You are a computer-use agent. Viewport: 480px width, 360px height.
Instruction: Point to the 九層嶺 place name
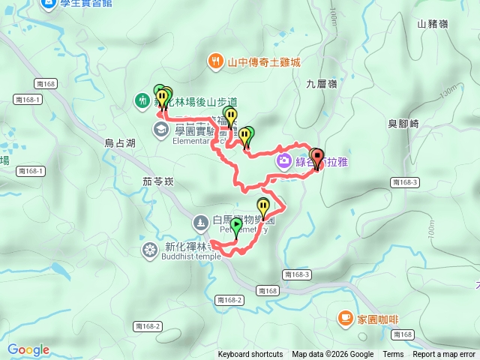coord(322,85)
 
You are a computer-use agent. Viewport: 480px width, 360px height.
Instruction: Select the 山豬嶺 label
coord(433,24)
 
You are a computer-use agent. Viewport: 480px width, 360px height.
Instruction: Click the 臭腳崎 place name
coord(403,124)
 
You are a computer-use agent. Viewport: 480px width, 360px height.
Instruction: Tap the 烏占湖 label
coord(120,142)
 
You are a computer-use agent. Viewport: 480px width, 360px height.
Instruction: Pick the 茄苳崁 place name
coord(157,181)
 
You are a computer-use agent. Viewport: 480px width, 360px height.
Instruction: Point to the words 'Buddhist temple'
coord(191,256)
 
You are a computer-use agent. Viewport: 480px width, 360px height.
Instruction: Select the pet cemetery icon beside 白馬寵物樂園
coord(200,222)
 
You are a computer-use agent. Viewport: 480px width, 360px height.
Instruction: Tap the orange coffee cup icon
coord(345,318)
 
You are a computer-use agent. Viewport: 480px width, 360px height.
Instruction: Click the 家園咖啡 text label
coord(377,319)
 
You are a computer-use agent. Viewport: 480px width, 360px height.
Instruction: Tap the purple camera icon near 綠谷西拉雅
coord(284,160)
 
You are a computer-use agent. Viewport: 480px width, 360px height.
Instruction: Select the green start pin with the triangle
coord(237,224)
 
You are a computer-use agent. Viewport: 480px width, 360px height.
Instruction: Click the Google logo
coord(28,349)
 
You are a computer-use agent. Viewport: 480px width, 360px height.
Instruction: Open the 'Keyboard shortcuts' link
coord(250,355)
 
